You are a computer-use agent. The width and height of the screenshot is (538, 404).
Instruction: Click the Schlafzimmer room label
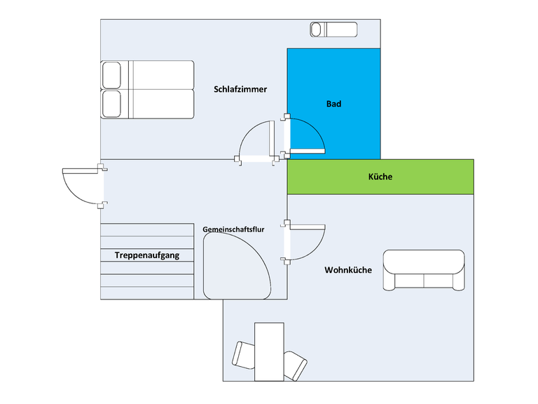click(240, 89)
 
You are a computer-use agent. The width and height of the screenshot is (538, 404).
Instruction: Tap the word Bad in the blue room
click(333, 104)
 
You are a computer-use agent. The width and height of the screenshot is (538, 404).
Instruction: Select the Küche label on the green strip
click(380, 177)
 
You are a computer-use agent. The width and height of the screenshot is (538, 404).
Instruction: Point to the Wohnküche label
click(348, 270)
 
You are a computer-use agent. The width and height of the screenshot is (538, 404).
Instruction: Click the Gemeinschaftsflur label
click(233, 229)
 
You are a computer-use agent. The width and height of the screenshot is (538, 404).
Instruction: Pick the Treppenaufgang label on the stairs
click(147, 255)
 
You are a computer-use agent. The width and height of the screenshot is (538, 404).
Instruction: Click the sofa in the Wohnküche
click(424, 270)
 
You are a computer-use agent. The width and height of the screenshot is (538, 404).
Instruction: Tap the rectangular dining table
click(269, 351)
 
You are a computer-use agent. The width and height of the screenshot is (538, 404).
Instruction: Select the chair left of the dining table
click(243, 355)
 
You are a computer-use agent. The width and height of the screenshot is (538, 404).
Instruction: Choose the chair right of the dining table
click(295, 366)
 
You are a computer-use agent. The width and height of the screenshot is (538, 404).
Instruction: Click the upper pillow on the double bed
click(111, 75)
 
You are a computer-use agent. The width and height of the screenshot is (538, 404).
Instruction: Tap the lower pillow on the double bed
click(111, 104)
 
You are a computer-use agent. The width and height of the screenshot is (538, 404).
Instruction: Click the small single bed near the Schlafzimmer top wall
click(333, 29)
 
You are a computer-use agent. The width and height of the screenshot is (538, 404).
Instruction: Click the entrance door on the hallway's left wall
click(85, 186)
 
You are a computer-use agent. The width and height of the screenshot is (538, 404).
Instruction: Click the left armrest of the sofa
click(389, 282)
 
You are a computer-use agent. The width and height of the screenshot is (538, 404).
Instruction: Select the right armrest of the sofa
click(459, 282)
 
